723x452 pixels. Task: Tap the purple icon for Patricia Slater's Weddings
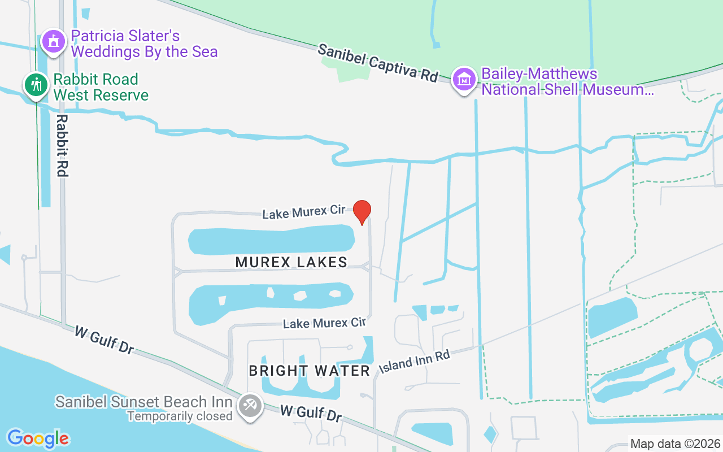pyautogui.click(x=54, y=41)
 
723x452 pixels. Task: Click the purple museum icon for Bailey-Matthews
pyautogui.click(x=464, y=80)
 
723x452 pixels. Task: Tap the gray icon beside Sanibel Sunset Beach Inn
pyautogui.click(x=249, y=406)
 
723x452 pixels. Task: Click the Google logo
pyautogui.click(x=38, y=438)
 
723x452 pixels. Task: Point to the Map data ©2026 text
pyautogui.click(x=676, y=444)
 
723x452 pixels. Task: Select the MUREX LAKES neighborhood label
pyautogui.click(x=291, y=262)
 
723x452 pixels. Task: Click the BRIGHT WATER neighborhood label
pyautogui.click(x=310, y=371)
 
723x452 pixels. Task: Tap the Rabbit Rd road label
pyautogui.click(x=62, y=146)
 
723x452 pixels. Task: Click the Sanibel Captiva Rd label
pyautogui.click(x=377, y=63)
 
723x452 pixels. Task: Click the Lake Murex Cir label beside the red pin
pyautogui.click(x=304, y=212)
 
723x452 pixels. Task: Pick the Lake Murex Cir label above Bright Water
pyautogui.click(x=324, y=323)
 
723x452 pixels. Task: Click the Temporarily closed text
pyautogui.click(x=180, y=416)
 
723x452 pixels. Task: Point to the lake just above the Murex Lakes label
pyautogui.click(x=271, y=240)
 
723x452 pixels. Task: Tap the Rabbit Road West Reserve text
pyautogui.click(x=101, y=87)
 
